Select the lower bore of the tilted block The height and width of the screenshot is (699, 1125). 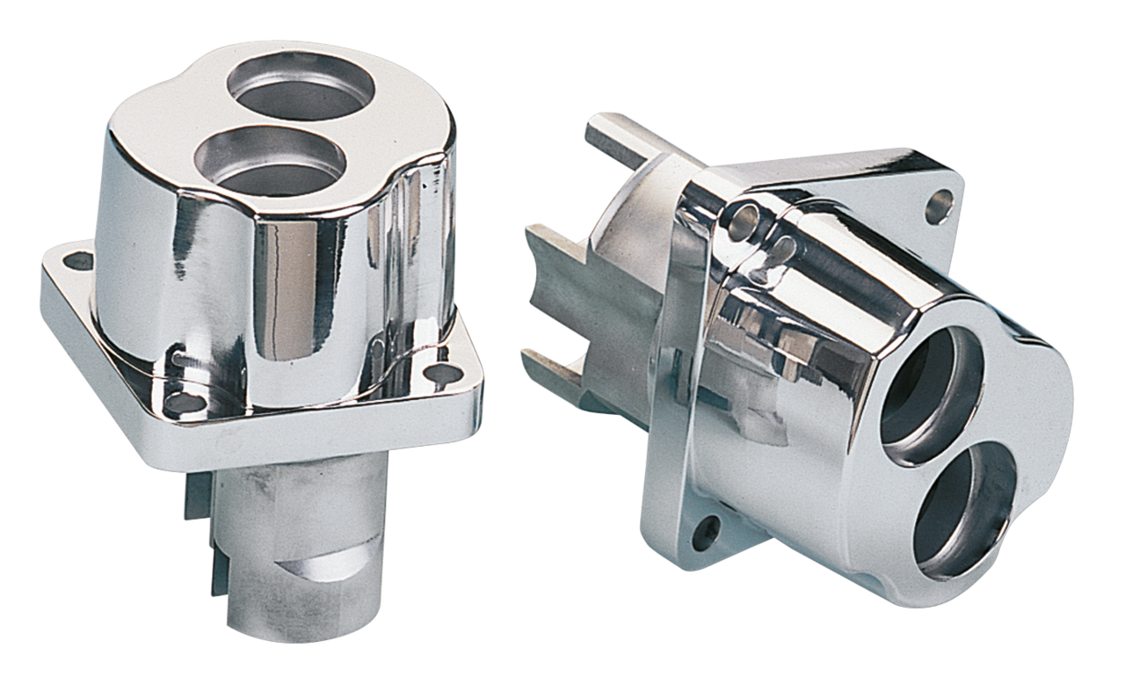click(967, 510)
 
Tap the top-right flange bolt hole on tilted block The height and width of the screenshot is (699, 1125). click(937, 209)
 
